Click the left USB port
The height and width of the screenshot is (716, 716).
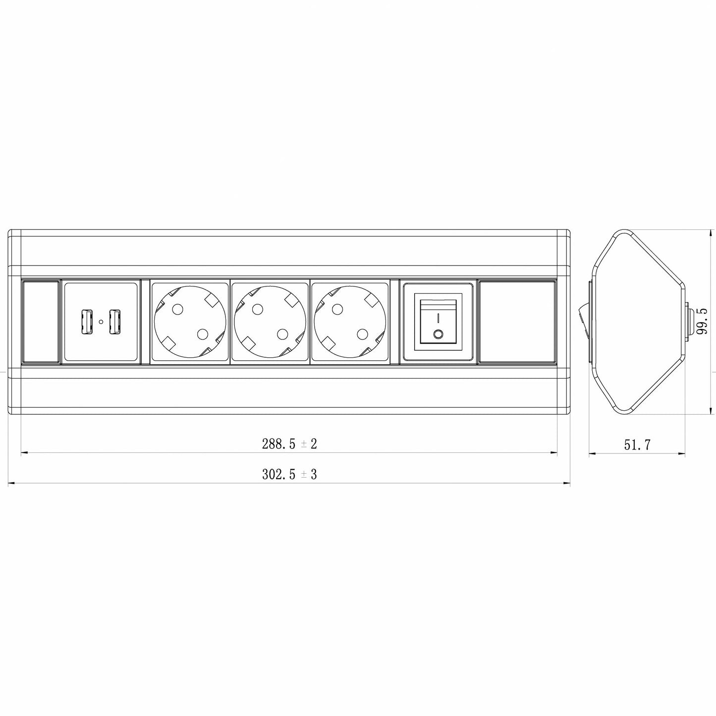click(88, 322)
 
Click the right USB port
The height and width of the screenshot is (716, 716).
click(114, 322)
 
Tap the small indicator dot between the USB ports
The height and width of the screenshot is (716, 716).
click(101, 322)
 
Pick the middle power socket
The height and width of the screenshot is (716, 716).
click(270, 322)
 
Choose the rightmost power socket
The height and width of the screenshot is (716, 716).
click(350, 322)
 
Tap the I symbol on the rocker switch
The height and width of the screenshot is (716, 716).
click(439, 316)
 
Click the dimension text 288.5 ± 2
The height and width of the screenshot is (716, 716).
click(289, 444)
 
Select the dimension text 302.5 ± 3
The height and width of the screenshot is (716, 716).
click(289, 475)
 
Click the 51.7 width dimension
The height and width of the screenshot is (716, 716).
click(637, 445)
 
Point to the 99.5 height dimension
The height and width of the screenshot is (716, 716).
click(701, 321)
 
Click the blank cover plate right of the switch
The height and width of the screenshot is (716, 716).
click(517, 322)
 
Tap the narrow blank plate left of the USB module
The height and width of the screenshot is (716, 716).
click(41, 322)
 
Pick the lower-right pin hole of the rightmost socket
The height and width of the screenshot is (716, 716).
click(363, 334)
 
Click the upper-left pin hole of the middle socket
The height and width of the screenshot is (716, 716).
click(257, 310)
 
